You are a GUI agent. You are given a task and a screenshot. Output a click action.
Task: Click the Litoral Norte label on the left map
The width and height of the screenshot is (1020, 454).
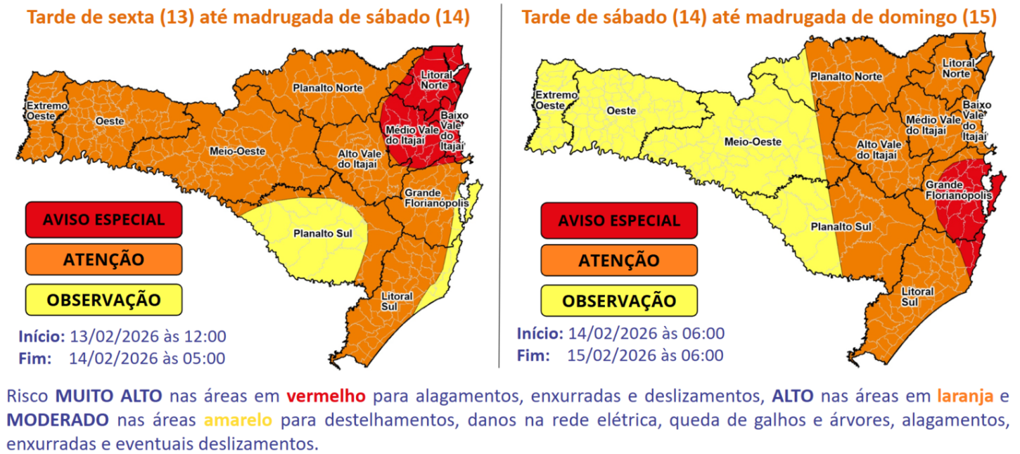coord(435,79)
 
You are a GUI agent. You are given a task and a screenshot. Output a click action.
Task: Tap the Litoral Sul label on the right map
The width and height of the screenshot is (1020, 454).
coord(917,297)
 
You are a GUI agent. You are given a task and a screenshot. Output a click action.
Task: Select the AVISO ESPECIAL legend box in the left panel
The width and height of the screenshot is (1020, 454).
coord(103,219)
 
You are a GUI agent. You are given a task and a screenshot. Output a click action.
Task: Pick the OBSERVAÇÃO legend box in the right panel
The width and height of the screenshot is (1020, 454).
coord(619,301)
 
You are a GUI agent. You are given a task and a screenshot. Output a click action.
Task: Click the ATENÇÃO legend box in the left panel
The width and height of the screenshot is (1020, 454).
coord(103,259)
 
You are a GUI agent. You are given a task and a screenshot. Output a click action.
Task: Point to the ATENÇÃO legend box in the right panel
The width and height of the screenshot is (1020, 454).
coord(619,261)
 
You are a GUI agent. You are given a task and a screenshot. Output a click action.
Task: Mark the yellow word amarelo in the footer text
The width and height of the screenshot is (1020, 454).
coord(238,421)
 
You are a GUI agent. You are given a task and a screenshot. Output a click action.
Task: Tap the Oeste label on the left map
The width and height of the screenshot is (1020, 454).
coord(110,121)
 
